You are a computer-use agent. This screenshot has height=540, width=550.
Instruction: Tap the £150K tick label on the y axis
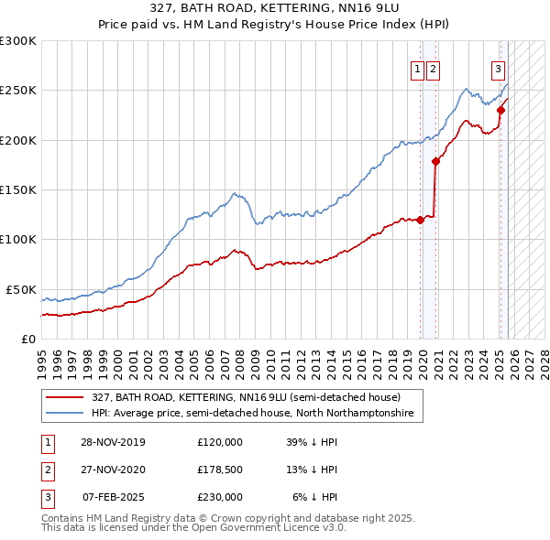17,189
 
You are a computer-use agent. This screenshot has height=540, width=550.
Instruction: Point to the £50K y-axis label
20,289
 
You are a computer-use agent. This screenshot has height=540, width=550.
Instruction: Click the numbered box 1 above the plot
417,68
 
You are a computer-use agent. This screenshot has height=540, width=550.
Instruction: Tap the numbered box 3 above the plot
498,68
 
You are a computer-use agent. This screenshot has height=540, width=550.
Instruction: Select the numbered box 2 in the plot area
432,68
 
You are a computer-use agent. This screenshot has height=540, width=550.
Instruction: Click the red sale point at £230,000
500,110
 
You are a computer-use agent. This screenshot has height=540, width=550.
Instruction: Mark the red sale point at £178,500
436,161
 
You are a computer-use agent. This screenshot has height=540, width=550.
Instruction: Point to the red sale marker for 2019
421,220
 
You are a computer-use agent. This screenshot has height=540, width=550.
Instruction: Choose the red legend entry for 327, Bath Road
246,397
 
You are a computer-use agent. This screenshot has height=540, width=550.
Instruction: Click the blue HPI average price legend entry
252,414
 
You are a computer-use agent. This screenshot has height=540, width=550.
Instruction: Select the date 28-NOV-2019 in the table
113,441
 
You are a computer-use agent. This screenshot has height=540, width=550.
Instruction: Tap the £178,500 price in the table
220,470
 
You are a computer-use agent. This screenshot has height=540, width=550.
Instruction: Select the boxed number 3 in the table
47,497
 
